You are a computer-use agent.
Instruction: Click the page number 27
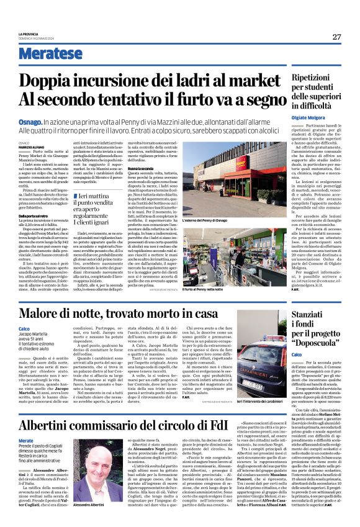[336, 37]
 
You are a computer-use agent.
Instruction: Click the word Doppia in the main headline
[49, 81]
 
